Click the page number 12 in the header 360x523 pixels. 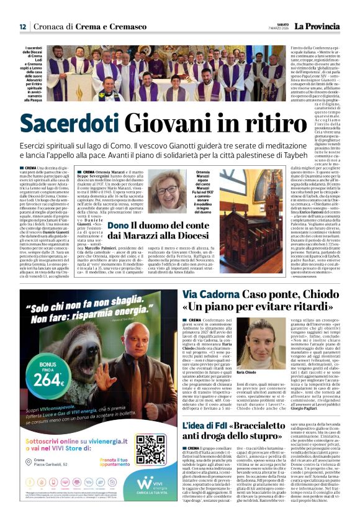point(22,27)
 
